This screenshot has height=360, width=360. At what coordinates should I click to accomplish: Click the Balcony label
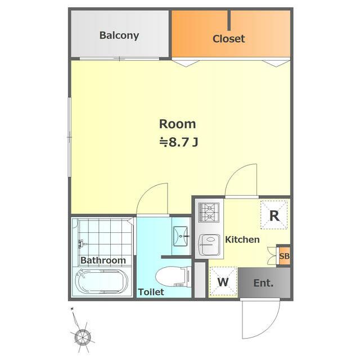[119, 35]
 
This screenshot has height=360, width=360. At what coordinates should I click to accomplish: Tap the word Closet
[229, 39]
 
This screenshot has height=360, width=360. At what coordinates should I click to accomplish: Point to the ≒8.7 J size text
[179, 142]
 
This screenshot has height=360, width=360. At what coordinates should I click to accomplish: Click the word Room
[178, 124]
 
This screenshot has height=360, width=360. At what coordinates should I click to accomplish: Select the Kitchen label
[242, 240]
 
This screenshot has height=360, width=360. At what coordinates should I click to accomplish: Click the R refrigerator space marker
[274, 215]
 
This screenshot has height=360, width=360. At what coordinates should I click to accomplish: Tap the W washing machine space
[223, 281]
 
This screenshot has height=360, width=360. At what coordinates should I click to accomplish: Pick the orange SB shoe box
[284, 256]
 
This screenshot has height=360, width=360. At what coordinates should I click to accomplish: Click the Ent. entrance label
[263, 283]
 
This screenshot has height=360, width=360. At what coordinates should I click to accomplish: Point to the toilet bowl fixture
[173, 276]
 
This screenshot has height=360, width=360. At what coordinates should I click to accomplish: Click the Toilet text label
[151, 292]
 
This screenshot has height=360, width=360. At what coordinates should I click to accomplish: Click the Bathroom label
[103, 260]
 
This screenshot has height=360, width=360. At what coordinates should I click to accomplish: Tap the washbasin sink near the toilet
[181, 236]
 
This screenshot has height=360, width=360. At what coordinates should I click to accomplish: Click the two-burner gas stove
[209, 213]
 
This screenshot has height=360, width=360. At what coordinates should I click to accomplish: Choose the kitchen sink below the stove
[209, 245]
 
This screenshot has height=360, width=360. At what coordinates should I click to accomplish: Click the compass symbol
[82, 336]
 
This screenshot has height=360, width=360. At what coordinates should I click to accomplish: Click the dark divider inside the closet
[229, 20]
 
